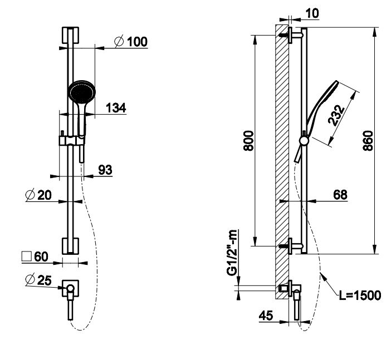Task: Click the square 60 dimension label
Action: (x=35, y=257)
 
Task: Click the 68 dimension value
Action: (x=341, y=195)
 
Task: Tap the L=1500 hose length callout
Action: (x=361, y=295)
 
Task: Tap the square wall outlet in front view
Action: (x=71, y=288)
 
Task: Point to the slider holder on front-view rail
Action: (x=69, y=140)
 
